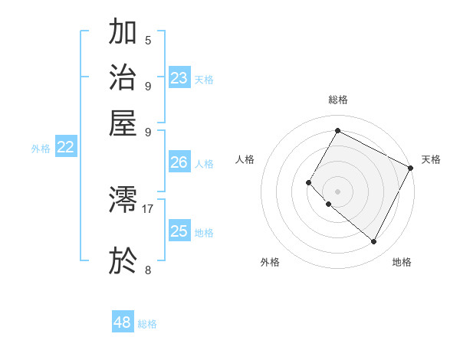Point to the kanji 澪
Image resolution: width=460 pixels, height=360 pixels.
(123, 201)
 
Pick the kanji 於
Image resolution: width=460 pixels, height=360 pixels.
(123, 261)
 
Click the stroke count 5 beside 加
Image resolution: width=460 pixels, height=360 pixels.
(148, 40)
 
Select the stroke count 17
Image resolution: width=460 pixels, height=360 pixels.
(148, 208)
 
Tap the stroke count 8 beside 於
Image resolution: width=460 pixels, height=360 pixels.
(148, 270)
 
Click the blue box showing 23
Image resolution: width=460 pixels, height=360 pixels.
(179, 78)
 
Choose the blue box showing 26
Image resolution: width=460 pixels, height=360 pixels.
(179, 162)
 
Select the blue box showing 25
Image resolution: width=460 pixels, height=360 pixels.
(179, 231)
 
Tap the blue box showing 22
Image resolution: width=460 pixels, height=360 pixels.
(65, 148)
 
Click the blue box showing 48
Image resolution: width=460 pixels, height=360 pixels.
(123, 322)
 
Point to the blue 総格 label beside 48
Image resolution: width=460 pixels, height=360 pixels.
(147, 324)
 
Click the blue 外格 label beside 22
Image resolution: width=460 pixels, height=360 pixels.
(40, 149)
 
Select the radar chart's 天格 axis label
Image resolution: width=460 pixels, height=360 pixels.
(431, 159)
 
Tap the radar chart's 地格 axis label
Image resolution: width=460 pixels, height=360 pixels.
(402, 262)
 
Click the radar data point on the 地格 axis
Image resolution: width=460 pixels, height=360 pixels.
(374, 242)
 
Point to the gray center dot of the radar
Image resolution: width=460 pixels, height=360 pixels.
(337, 191)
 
